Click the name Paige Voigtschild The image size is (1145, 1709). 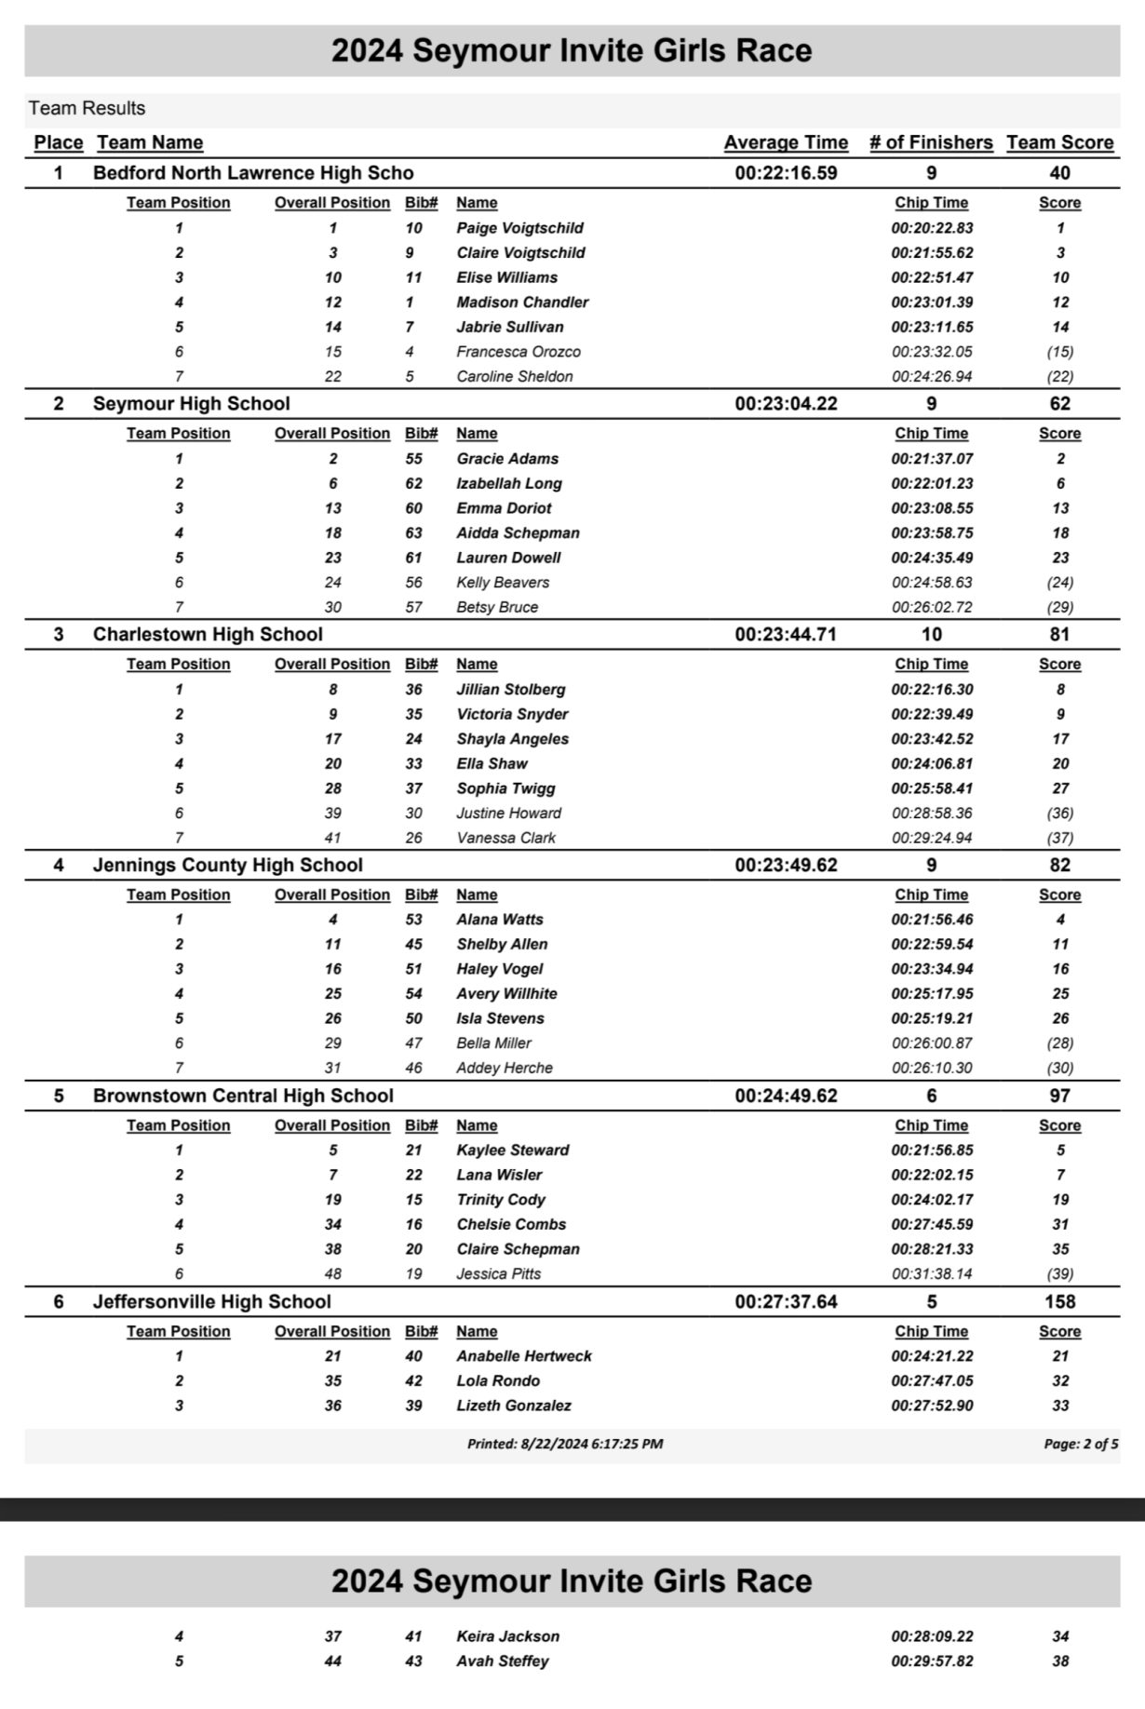tap(519, 228)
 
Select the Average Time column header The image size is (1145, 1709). tap(786, 142)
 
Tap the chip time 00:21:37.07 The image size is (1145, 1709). tap(932, 459)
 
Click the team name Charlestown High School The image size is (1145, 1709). tap(208, 635)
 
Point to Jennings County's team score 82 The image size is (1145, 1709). tap(1059, 866)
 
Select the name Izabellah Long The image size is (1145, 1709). tap(508, 484)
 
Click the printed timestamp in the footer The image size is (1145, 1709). tap(565, 1445)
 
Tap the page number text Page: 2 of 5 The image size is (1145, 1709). tap(1081, 1445)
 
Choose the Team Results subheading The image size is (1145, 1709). tap(87, 109)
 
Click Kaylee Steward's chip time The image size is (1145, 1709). tap(932, 1151)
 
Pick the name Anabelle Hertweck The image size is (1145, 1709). tap(523, 1356)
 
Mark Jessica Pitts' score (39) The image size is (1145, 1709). tap(1059, 1274)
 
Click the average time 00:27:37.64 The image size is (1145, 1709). tap(786, 1302)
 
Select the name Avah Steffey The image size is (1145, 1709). tap(502, 1662)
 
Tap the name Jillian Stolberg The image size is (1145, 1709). tap(510, 690)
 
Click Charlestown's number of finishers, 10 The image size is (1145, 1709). tap(931, 635)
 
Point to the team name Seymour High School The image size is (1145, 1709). tap(191, 404)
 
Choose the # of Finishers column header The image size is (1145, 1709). tap(931, 142)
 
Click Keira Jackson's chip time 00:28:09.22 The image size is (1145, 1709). tap(932, 1636)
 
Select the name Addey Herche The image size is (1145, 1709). tap(504, 1069)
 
